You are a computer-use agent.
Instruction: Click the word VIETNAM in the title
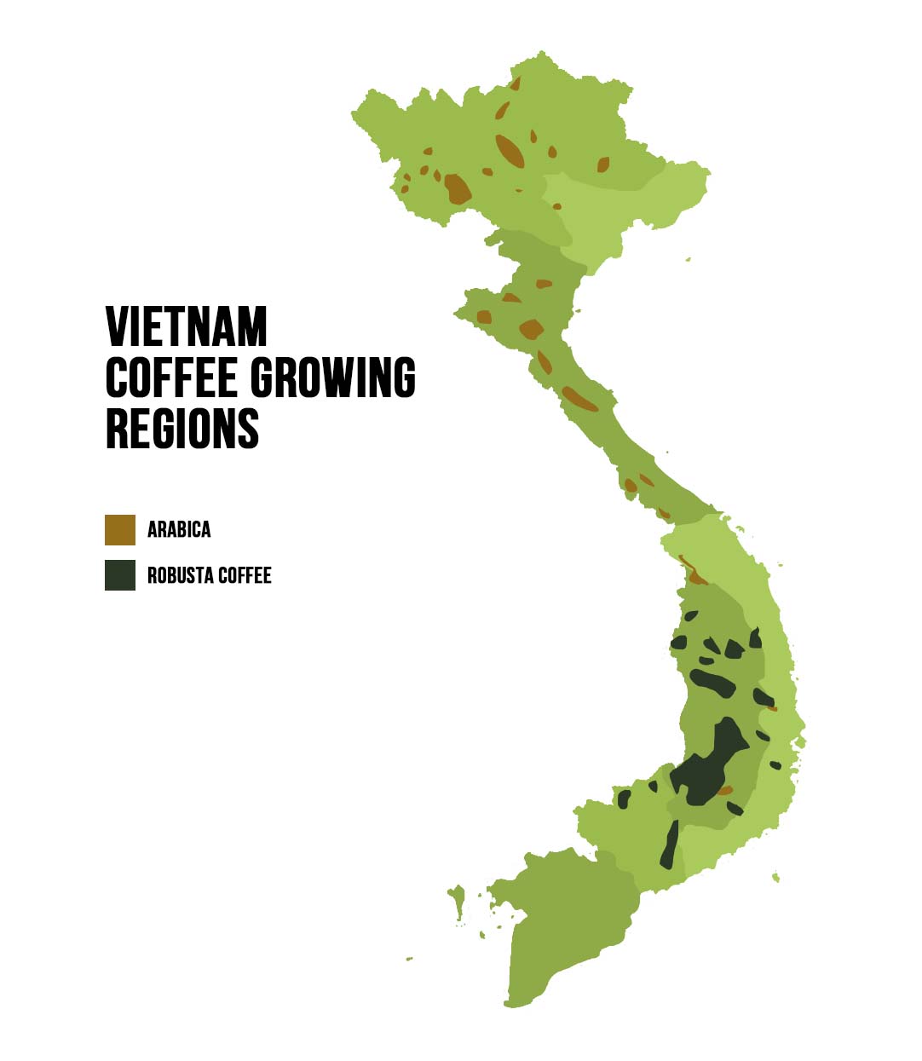tap(186, 326)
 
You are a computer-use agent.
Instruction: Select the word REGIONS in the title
tap(182, 428)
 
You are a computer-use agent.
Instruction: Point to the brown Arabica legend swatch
tap(120, 529)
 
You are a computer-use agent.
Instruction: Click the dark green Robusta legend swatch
tap(120, 575)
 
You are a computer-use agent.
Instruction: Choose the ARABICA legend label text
tap(179, 529)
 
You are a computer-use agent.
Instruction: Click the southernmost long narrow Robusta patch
tap(670, 845)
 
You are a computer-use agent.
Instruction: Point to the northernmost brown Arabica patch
tap(515, 84)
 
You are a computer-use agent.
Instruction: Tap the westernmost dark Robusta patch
tap(624, 799)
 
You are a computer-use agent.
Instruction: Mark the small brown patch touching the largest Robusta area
tap(724, 791)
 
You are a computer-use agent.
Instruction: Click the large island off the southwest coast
tap(458, 899)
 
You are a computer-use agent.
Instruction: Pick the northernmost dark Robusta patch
tap(690, 615)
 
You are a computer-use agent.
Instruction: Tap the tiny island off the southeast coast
tap(775, 876)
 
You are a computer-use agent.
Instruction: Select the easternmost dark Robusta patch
tap(775, 765)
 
